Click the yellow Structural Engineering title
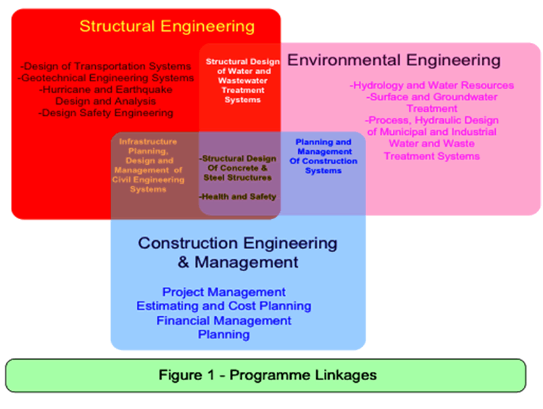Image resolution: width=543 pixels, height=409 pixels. [x=167, y=27]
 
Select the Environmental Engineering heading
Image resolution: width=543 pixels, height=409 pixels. [x=394, y=60]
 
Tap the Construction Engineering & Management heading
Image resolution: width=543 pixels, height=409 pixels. [x=238, y=252]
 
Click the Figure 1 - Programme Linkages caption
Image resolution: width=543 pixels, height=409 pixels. [x=267, y=375]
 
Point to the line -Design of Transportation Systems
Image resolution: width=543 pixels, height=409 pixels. [x=105, y=66]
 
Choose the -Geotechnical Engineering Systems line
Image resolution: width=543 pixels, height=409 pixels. [x=105, y=78]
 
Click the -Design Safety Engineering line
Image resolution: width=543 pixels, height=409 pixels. [x=105, y=113]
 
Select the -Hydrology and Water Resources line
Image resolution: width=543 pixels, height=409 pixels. [x=432, y=85]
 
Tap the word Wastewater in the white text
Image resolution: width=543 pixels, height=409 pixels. [x=243, y=81]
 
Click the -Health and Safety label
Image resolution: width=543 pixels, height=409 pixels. [x=238, y=197]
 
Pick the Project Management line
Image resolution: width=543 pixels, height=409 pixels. [x=224, y=292]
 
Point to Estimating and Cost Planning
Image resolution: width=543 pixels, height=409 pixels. [x=224, y=306]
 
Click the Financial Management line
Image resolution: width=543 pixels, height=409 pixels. [x=224, y=320]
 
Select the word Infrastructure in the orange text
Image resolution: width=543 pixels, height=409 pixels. [x=148, y=142]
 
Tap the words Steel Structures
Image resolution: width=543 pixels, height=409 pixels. [x=238, y=178]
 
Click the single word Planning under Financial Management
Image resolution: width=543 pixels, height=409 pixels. [x=224, y=334]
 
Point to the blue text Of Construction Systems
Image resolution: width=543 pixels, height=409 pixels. [x=323, y=166]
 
